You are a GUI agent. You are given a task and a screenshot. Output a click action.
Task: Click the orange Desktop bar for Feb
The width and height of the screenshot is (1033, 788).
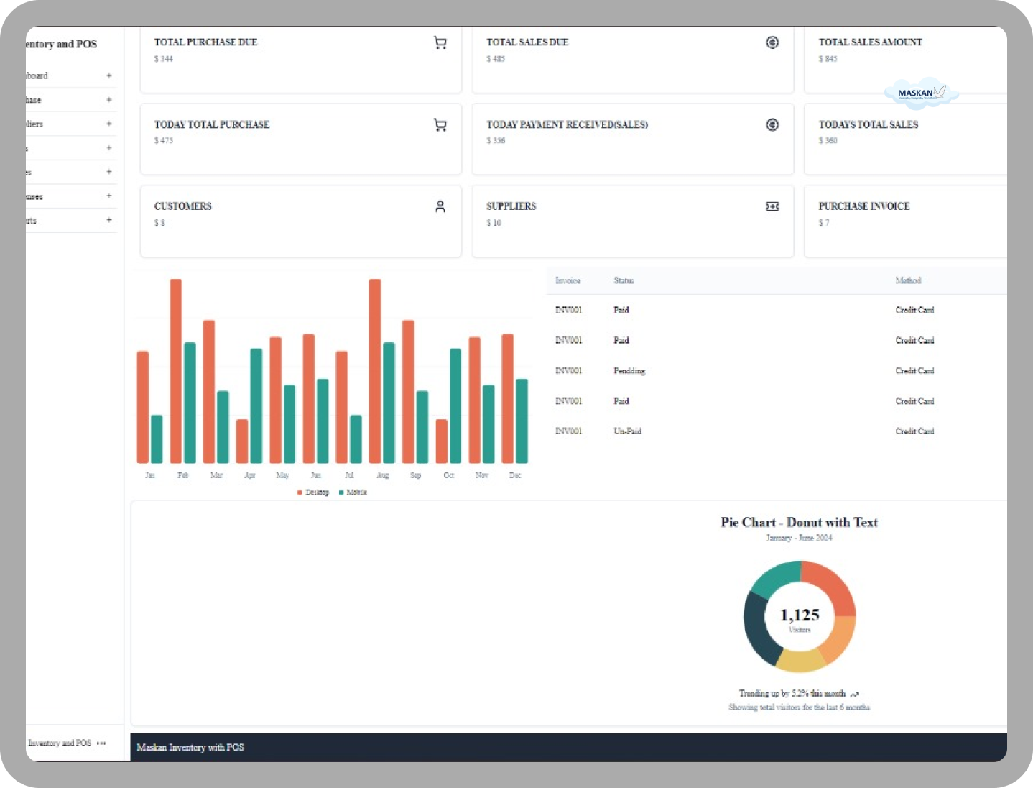pyautogui.click(x=176, y=370)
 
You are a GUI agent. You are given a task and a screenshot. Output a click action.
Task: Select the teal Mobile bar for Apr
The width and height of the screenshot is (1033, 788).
pyautogui.click(x=256, y=406)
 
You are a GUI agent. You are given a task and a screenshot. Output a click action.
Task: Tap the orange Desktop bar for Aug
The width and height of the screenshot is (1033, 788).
pyautogui.click(x=375, y=370)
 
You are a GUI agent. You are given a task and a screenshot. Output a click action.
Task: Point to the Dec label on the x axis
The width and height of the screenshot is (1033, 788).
pyautogui.click(x=515, y=475)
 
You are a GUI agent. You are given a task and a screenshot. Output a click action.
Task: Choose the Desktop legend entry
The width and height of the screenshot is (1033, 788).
pyautogui.click(x=313, y=492)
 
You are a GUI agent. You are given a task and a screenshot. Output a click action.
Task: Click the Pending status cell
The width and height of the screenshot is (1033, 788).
pyautogui.click(x=629, y=371)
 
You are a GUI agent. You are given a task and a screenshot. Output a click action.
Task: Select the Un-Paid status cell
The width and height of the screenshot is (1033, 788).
pyautogui.click(x=627, y=431)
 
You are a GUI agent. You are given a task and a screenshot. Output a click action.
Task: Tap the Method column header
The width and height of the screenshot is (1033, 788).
pyautogui.click(x=908, y=280)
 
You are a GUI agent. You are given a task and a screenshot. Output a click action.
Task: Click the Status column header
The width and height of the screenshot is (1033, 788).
pyautogui.click(x=624, y=280)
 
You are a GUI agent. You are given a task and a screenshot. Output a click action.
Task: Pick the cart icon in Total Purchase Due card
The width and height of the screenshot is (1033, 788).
pyautogui.click(x=440, y=43)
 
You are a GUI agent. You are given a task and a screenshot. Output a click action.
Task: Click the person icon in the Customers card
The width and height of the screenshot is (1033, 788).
pyautogui.click(x=440, y=207)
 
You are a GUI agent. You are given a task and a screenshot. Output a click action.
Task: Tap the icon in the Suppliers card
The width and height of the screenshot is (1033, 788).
pyautogui.click(x=772, y=207)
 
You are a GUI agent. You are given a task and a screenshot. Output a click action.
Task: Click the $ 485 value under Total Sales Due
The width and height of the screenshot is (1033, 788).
pyautogui.click(x=496, y=59)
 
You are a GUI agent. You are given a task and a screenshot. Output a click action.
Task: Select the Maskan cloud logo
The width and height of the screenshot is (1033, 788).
pyautogui.click(x=922, y=93)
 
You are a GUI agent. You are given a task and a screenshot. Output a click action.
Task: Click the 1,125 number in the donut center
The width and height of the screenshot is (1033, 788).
pyautogui.click(x=800, y=615)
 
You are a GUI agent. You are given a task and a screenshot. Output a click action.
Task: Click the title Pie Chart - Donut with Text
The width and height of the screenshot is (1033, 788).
pyautogui.click(x=799, y=523)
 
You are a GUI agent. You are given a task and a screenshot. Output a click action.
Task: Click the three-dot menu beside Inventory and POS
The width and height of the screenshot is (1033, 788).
pyautogui.click(x=101, y=743)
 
